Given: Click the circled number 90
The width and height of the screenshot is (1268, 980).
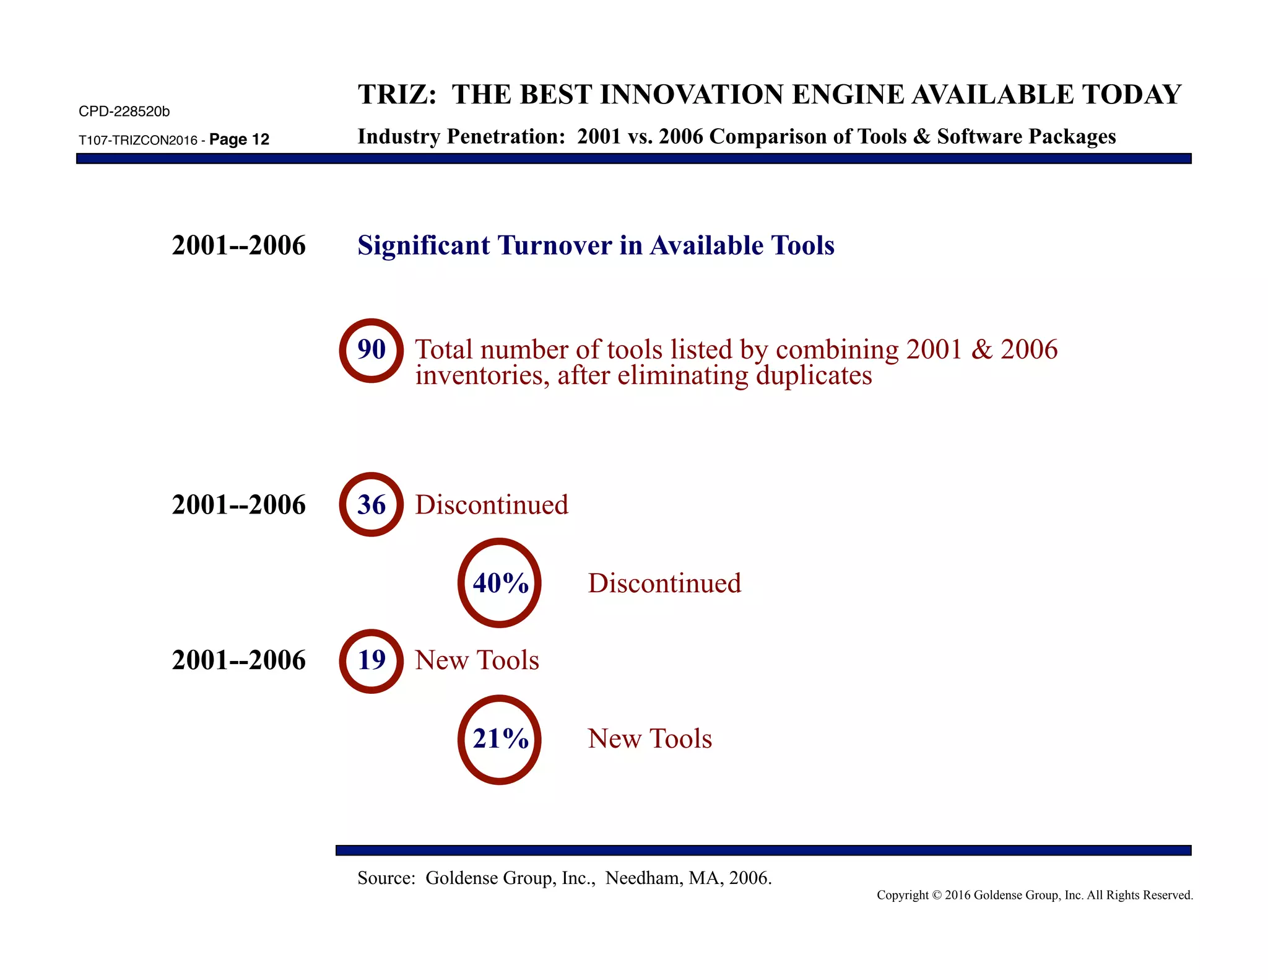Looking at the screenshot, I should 371,350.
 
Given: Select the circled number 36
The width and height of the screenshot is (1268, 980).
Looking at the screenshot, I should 371,505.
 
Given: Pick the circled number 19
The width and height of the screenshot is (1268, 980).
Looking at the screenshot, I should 371,660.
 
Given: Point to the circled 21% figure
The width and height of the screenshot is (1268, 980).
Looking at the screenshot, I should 500,739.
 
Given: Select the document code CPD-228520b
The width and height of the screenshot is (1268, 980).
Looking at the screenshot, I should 124,112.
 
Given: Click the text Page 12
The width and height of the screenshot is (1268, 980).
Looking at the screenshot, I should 239,139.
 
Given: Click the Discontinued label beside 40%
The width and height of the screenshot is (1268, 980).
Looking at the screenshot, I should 664,584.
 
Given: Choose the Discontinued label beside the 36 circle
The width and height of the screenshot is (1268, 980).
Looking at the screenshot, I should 492,505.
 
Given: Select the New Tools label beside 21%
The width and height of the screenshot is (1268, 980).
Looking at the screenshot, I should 649,739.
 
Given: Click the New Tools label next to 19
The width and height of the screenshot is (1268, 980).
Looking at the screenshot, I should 477,660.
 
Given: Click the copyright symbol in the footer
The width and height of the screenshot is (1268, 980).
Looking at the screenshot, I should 936,895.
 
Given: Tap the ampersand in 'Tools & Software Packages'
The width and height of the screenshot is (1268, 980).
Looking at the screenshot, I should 921,136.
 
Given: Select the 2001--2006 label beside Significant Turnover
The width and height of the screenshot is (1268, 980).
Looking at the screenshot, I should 238,245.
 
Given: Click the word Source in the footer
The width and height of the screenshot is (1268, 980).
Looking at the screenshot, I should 385,878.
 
